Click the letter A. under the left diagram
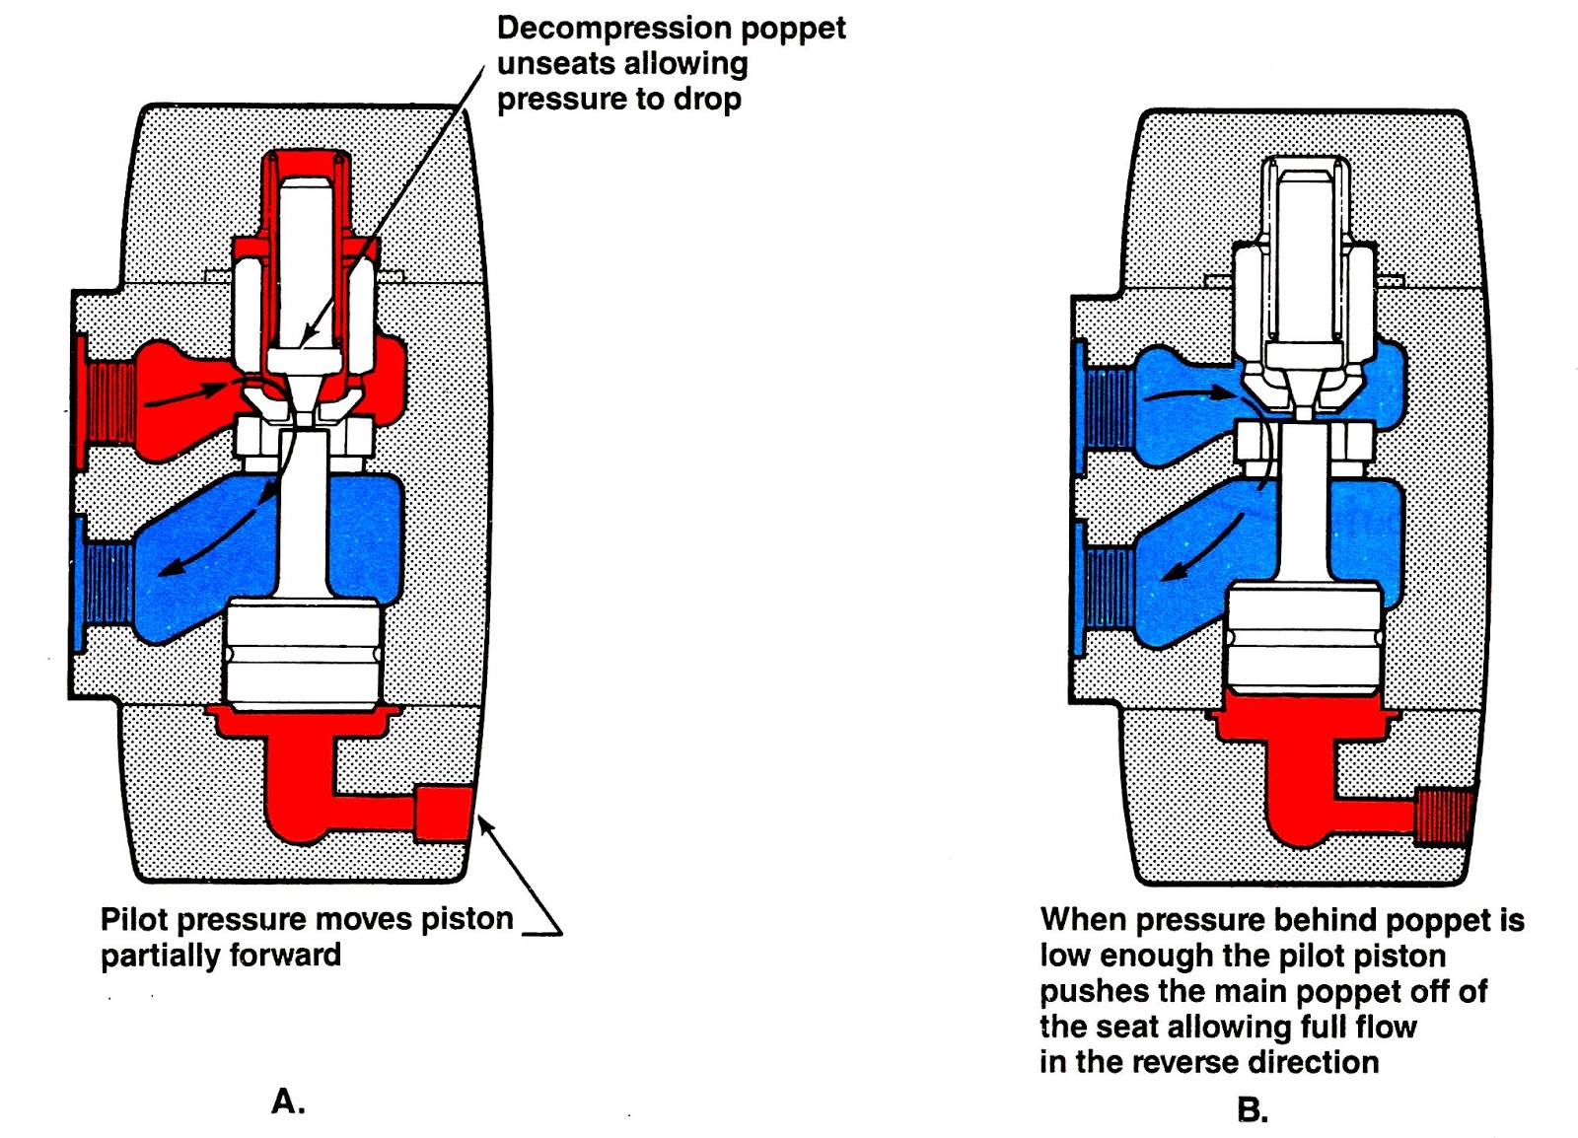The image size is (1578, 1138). pyautogui.click(x=288, y=1101)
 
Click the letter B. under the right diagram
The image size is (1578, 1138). pyautogui.click(x=1253, y=1110)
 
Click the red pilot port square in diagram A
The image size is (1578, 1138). pyautogui.click(x=443, y=813)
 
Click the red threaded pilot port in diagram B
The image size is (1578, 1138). pyautogui.click(x=1443, y=817)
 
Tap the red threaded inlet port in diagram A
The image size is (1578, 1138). pyautogui.click(x=109, y=401)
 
